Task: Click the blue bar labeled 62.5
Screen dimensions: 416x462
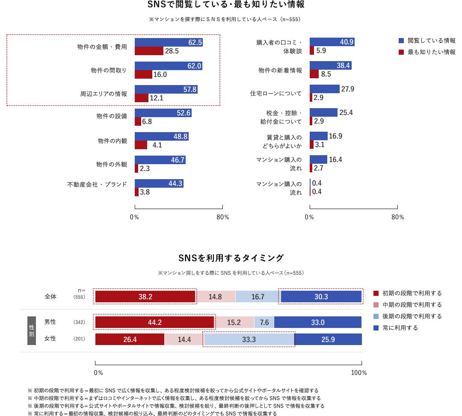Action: (169, 42)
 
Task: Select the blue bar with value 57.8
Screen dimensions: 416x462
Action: (166, 89)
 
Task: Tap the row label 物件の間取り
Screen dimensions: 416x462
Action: (109, 70)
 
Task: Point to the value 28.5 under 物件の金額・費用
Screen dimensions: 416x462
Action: (172, 51)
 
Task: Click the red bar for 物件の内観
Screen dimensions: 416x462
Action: (141, 145)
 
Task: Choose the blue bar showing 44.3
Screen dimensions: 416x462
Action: (159, 183)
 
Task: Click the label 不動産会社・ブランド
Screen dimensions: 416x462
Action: (97, 184)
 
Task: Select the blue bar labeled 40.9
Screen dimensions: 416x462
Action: (332, 42)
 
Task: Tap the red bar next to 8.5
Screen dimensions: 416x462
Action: (314, 74)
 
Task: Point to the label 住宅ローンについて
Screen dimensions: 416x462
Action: (276, 93)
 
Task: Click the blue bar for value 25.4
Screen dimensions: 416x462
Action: (323, 112)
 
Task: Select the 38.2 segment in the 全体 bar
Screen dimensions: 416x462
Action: (145, 296)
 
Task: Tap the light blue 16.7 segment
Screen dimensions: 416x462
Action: (258, 296)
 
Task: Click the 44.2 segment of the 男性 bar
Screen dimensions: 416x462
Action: (154, 322)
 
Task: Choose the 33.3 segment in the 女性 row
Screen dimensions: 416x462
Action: (249, 339)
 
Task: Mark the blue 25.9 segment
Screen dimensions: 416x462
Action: (328, 339)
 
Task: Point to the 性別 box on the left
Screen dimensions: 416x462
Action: (32, 330)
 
